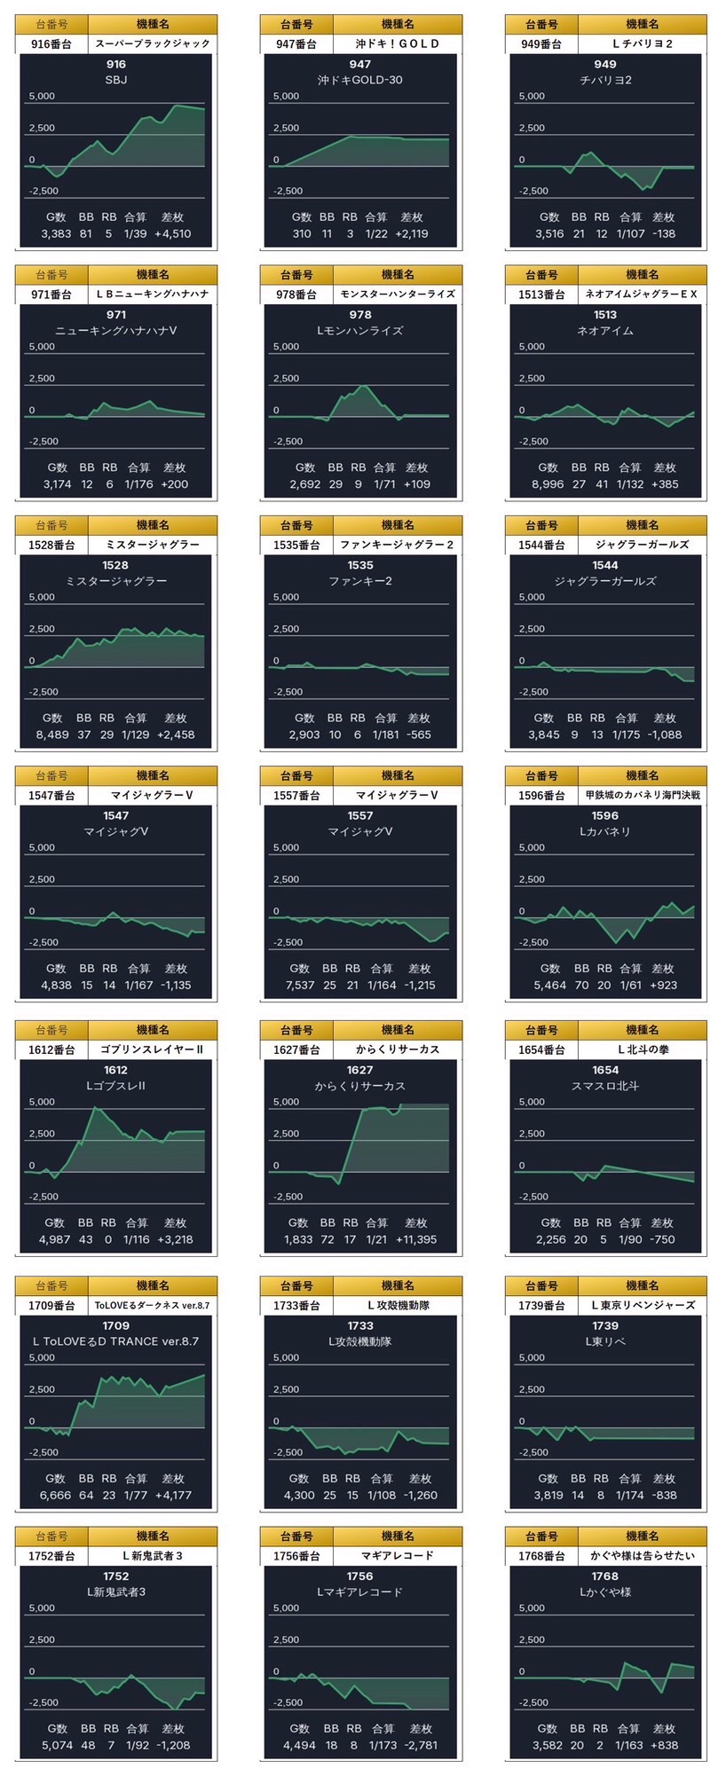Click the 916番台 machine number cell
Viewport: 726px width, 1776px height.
51,43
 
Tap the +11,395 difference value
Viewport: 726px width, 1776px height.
416,1239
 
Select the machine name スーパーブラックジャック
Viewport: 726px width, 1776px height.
153,43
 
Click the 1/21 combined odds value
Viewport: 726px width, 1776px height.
376,1239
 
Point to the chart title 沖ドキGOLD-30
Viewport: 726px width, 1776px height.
360,80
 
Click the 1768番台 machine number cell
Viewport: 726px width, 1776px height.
541,1556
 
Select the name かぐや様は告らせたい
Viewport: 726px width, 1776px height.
643,1556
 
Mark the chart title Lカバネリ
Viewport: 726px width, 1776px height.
605,831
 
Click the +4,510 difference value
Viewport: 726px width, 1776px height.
172,234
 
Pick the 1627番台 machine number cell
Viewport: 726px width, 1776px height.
296,1049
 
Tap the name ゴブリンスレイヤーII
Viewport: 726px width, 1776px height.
153,1049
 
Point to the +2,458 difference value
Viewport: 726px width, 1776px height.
176,735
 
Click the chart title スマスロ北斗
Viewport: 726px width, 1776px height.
605,1086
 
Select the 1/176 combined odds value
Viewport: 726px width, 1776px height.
138,484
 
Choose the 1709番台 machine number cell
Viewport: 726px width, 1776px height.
51,1306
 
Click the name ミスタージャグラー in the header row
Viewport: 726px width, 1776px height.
153,545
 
